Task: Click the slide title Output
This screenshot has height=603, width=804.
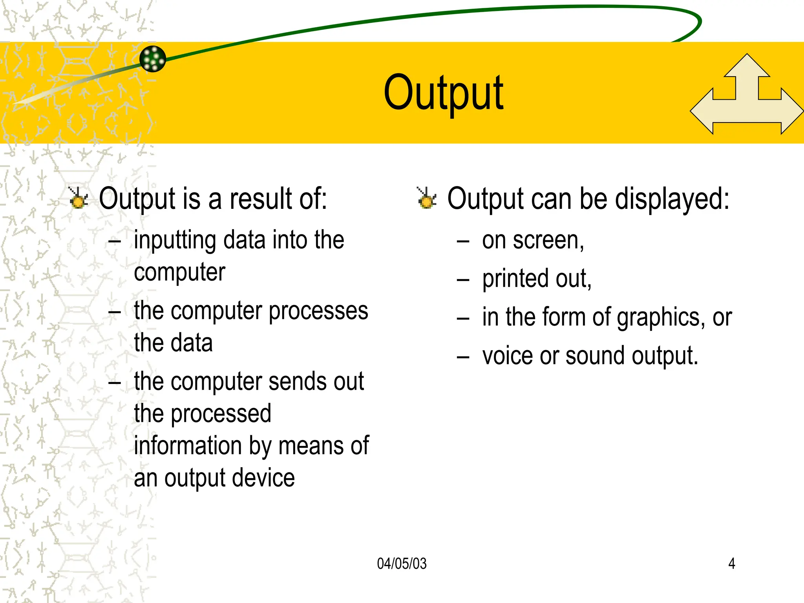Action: coord(444,93)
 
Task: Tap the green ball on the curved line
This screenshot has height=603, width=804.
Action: coord(153,59)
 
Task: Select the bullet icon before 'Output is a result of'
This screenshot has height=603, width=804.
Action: coord(78,198)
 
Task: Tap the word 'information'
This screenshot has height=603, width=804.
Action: coord(188,446)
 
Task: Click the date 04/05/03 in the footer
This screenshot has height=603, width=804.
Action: coord(402,564)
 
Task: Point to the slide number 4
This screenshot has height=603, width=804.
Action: coord(732,564)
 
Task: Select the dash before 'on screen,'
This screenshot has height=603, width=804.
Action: coord(463,241)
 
